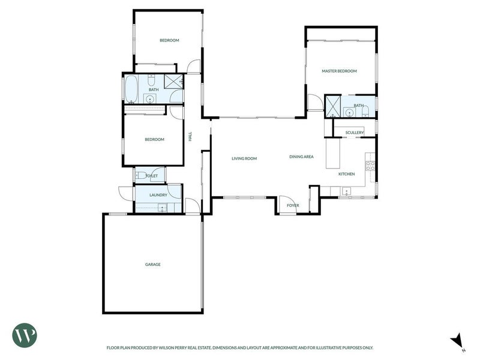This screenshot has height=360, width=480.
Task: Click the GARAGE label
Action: point(152,264)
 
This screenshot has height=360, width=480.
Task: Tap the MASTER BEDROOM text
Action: point(339,71)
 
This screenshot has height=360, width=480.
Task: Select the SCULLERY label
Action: point(355,132)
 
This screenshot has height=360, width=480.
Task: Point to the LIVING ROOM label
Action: point(244,158)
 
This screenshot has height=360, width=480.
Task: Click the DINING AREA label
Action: point(301,157)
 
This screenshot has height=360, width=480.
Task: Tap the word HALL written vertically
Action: point(190,137)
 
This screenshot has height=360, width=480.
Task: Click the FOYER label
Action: point(293,205)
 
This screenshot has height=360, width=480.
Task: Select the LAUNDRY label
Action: point(158,195)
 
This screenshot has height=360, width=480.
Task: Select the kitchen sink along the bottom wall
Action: point(346,192)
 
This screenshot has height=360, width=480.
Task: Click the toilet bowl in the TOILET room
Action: point(139,175)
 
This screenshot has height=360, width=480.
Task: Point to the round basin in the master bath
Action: point(349,111)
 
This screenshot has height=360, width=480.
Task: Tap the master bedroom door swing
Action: point(314,103)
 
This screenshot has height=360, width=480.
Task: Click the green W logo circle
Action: point(25,334)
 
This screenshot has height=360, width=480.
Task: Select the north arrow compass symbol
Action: point(457,340)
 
